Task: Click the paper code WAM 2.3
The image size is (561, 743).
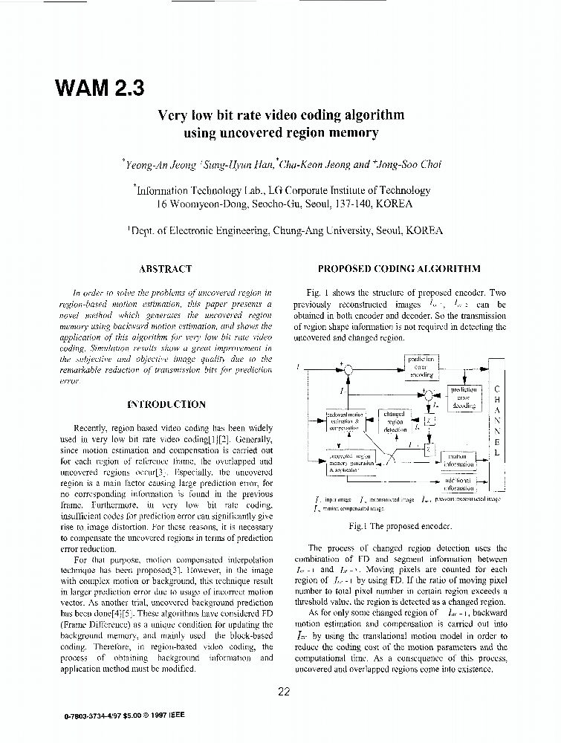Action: point(99,88)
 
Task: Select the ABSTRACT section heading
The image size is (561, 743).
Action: point(166,269)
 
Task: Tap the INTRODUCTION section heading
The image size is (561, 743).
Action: point(166,405)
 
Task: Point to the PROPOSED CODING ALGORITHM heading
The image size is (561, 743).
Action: point(399,269)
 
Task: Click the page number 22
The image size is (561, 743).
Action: point(283,692)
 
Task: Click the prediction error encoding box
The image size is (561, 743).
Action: point(421,367)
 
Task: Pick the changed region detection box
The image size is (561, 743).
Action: point(394,421)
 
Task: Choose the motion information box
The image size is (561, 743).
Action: point(458,460)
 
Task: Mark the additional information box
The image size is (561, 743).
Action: point(458,484)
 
